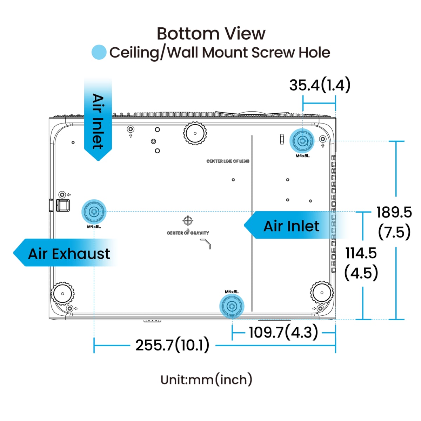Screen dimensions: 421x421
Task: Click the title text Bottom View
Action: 211,34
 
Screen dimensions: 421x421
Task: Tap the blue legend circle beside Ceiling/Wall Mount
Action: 99,52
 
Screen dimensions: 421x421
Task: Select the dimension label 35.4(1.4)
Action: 320,85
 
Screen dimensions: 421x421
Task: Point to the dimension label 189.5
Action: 394,212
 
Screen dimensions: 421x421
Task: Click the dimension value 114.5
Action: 361,253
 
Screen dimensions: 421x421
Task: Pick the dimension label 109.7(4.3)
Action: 283,332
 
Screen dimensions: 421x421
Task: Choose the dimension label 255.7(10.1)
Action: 172,345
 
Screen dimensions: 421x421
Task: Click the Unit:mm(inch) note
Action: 206,380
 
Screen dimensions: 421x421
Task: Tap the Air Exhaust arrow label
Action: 68,253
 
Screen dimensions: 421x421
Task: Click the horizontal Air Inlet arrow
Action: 291,226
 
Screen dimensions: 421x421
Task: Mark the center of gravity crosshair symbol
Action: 188,221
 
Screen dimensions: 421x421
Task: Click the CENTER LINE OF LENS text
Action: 228,161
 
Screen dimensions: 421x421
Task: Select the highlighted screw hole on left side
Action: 94,212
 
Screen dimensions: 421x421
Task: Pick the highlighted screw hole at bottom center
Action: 231,306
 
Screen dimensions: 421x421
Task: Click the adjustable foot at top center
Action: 195,133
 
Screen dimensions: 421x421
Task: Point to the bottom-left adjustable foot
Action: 63,293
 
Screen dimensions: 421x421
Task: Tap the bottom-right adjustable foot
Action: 322,292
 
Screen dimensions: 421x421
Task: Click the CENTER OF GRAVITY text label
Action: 188,233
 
